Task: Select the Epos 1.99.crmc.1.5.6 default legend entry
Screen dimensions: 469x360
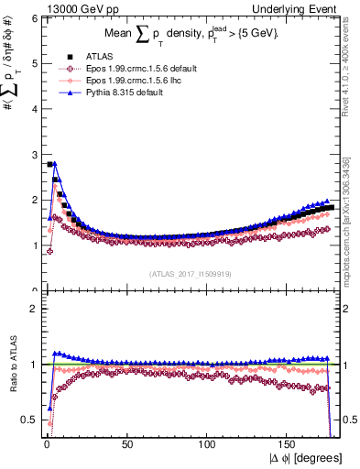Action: pos(128,70)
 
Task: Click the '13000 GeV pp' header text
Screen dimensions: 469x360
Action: pos(41,7)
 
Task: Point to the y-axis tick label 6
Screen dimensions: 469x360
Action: pos(34,17)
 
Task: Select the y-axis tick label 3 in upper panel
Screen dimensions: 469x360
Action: pos(34,154)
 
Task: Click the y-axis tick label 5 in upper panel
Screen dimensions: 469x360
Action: pos(34,63)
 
